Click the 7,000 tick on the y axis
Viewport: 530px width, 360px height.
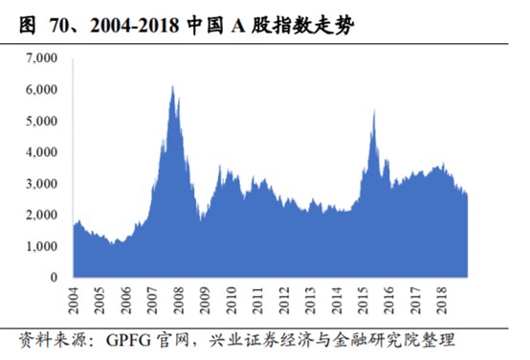coord(41,58)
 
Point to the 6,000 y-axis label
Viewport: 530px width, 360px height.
coord(41,90)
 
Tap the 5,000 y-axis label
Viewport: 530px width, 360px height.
coord(41,122)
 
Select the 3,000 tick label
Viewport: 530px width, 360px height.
coord(41,184)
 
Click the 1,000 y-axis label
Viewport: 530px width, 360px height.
coord(41,246)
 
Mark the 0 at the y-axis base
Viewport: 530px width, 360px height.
coord(55,278)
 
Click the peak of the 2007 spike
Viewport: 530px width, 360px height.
coord(171,86)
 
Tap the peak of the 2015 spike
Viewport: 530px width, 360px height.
coord(373,110)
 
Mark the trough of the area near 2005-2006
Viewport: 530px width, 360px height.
coord(113,244)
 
